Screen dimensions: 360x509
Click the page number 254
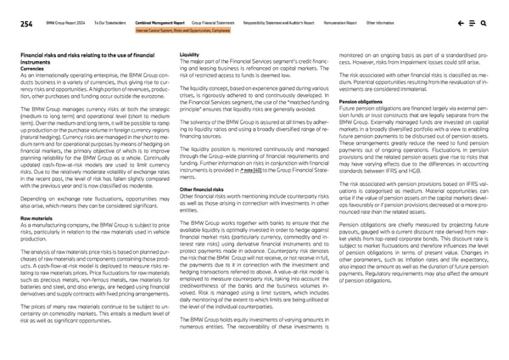(26, 25)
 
